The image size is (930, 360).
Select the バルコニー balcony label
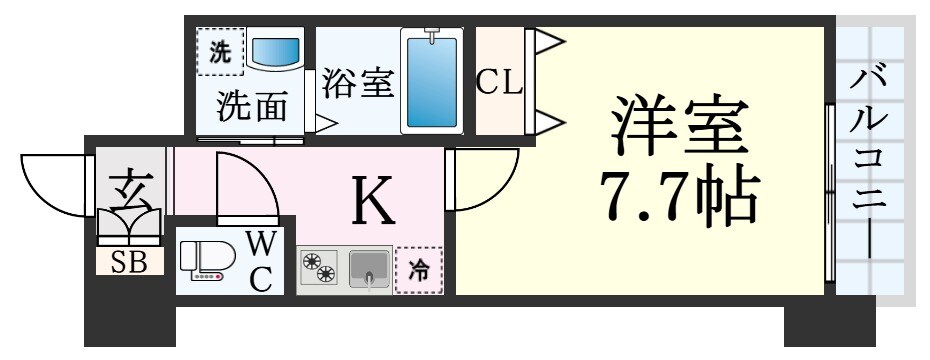point(869,165)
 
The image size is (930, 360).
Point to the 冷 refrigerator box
point(418,270)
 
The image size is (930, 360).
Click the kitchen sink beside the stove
point(369,269)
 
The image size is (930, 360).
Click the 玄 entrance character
point(128,187)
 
